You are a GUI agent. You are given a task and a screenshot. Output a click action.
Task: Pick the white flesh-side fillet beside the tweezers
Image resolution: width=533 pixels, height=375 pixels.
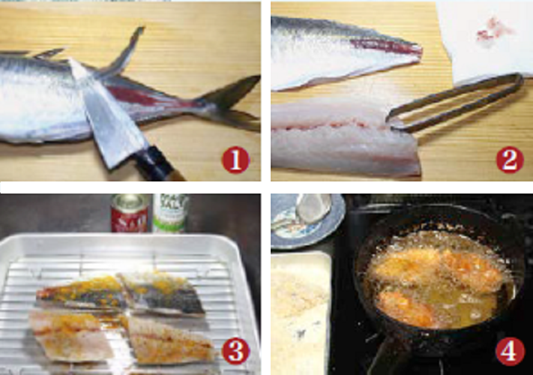[337, 135]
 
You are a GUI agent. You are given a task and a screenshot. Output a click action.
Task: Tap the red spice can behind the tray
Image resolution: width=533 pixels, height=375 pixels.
[128, 213]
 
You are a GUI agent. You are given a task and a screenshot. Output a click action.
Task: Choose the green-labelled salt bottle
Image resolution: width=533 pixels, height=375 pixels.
[171, 213]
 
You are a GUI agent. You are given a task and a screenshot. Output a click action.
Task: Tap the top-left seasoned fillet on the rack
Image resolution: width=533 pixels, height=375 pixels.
[79, 293]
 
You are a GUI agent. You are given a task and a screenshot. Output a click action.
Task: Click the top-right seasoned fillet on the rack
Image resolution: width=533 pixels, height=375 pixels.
[165, 292]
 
